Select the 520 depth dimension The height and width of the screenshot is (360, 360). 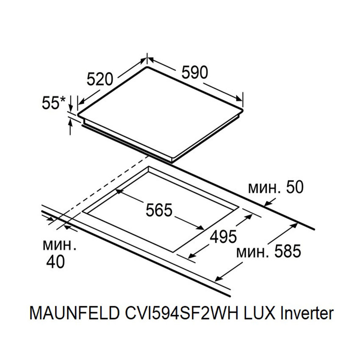(100, 79)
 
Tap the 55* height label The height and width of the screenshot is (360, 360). (54, 103)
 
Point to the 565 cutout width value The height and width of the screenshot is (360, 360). (158, 210)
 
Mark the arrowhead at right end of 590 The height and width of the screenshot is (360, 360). (240, 98)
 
